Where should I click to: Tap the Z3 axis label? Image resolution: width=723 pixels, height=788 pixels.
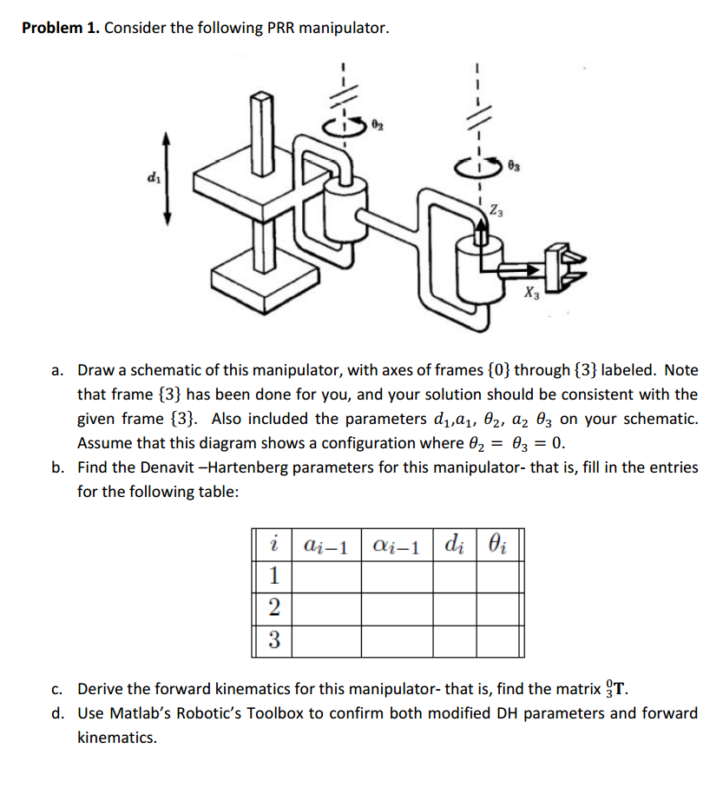point(494,209)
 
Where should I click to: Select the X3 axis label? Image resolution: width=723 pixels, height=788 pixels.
point(532,294)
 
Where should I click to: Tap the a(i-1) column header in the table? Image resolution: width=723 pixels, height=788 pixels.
point(327,547)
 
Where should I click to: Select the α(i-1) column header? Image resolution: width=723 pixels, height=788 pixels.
point(396,547)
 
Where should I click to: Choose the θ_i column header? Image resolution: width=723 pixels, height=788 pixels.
point(498,547)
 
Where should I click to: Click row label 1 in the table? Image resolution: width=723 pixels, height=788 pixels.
point(274,575)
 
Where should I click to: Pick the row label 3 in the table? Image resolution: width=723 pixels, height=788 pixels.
point(274,640)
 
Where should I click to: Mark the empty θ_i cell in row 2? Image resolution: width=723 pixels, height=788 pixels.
point(498,608)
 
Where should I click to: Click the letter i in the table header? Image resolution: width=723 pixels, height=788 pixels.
point(274,547)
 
